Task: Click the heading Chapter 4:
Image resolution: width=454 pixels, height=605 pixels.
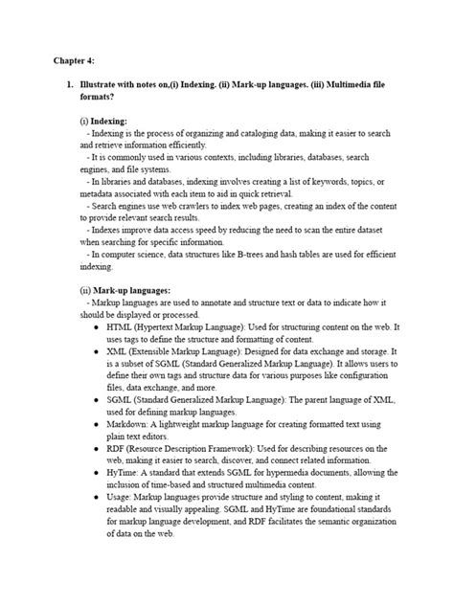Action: [74, 60]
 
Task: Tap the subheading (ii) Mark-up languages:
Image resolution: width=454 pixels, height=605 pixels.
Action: [125, 289]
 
